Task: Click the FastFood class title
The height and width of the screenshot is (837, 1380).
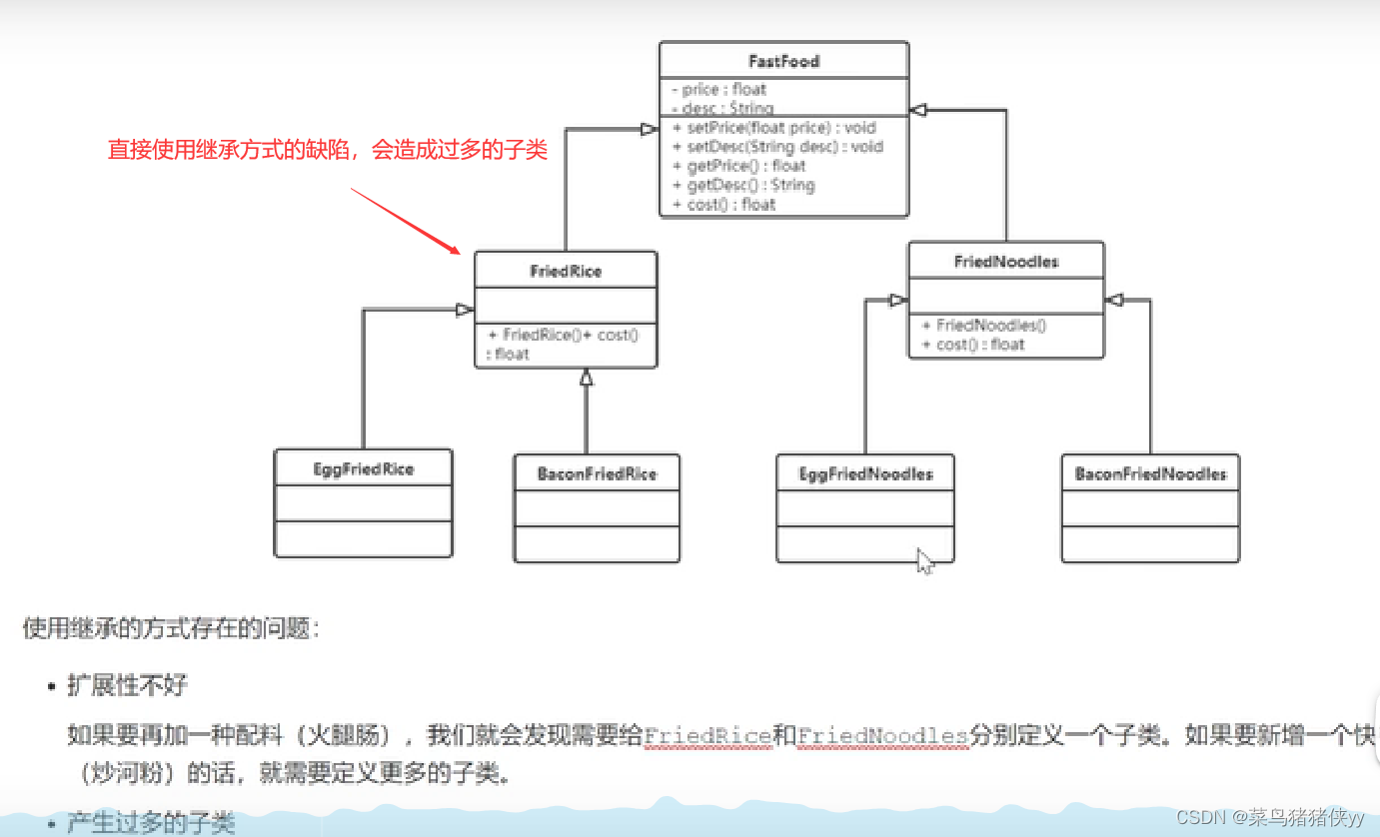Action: click(x=783, y=61)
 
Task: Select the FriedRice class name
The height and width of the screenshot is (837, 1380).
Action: click(x=566, y=271)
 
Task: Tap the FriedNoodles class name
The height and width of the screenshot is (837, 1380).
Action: click(x=1006, y=262)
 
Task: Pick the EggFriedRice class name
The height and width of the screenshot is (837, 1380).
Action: click(x=363, y=468)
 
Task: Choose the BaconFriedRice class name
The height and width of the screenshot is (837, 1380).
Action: click(x=597, y=473)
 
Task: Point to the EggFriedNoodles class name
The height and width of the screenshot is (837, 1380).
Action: click(x=865, y=473)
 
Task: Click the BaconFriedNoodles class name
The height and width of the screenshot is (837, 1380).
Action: click(x=1150, y=473)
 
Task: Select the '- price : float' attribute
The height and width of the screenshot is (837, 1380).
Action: click(x=718, y=89)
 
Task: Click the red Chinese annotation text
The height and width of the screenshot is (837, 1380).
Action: click(x=328, y=151)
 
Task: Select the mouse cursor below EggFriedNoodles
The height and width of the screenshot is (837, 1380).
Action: click(x=924, y=560)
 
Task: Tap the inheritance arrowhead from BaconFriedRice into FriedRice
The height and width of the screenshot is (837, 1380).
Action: click(x=587, y=378)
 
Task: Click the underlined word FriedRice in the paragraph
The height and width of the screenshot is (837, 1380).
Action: click(x=706, y=736)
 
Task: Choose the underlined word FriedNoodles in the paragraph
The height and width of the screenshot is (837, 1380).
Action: click(x=882, y=736)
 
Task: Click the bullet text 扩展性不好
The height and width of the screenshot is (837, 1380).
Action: click(x=127, y=685)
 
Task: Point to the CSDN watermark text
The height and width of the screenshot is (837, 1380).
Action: click(x=1269, y=816)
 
